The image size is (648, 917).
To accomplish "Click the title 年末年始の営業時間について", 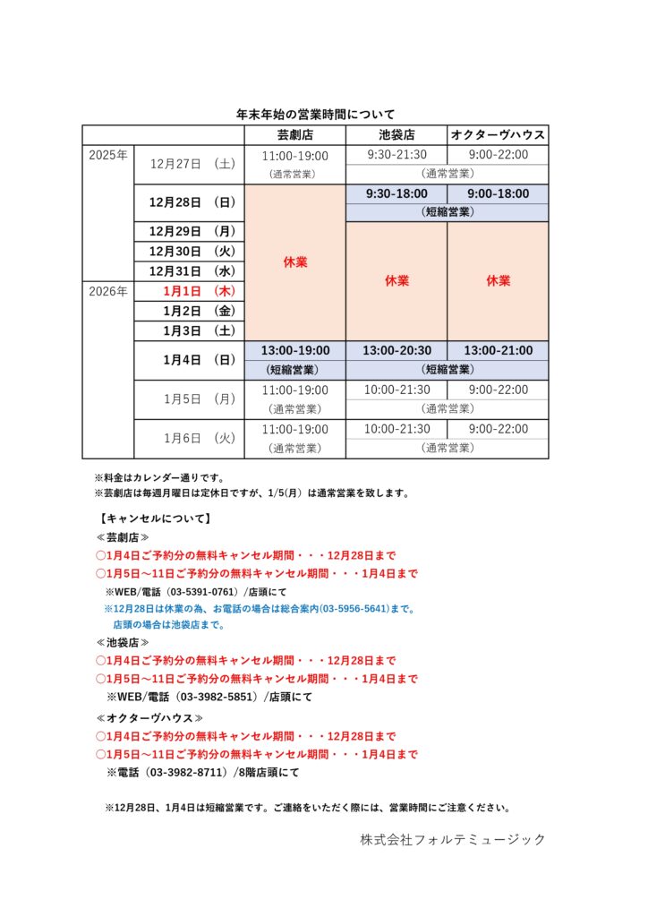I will [x=315, y=115].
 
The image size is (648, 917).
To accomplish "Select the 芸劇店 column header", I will [x=294, y=135].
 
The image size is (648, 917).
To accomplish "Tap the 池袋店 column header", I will [x=396, y=135].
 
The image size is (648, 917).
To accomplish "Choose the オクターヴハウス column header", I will [x=498, y=135].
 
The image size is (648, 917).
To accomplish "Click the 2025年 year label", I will [x=108, y=155].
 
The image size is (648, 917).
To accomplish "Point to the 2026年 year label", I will [x=108, y=291].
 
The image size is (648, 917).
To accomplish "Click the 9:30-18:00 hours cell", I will [x=396, y=193].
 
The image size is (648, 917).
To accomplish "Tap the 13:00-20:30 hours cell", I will [x=396, y=350].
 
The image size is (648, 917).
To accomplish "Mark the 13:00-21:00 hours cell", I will [x=498, y=350].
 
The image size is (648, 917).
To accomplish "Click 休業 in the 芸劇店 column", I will [x=294, y=262].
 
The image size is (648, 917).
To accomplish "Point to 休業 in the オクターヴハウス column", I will [x=498, y=280].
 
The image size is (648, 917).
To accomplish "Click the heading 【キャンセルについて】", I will [x=156, y=518].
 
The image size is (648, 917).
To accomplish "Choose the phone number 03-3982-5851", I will [x=215, y=696].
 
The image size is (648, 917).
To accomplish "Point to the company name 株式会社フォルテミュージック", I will [x=453, y=839].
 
